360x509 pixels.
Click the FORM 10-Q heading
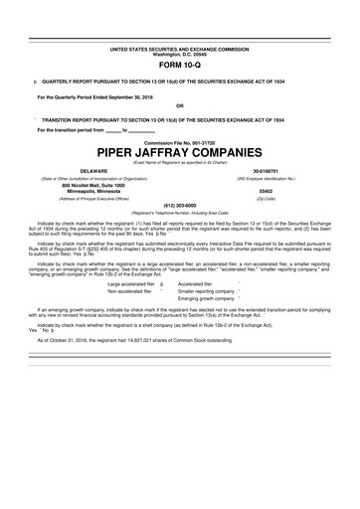pos(180,64)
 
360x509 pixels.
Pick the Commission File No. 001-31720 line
pos(180,142)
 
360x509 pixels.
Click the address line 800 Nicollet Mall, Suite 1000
pos(92,185)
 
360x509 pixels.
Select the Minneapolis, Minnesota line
pos(92,191)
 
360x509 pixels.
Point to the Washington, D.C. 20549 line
pos(180,53)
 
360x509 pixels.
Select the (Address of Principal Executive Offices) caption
pos(92,199)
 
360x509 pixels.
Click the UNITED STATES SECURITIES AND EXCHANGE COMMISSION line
pos(180,48)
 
